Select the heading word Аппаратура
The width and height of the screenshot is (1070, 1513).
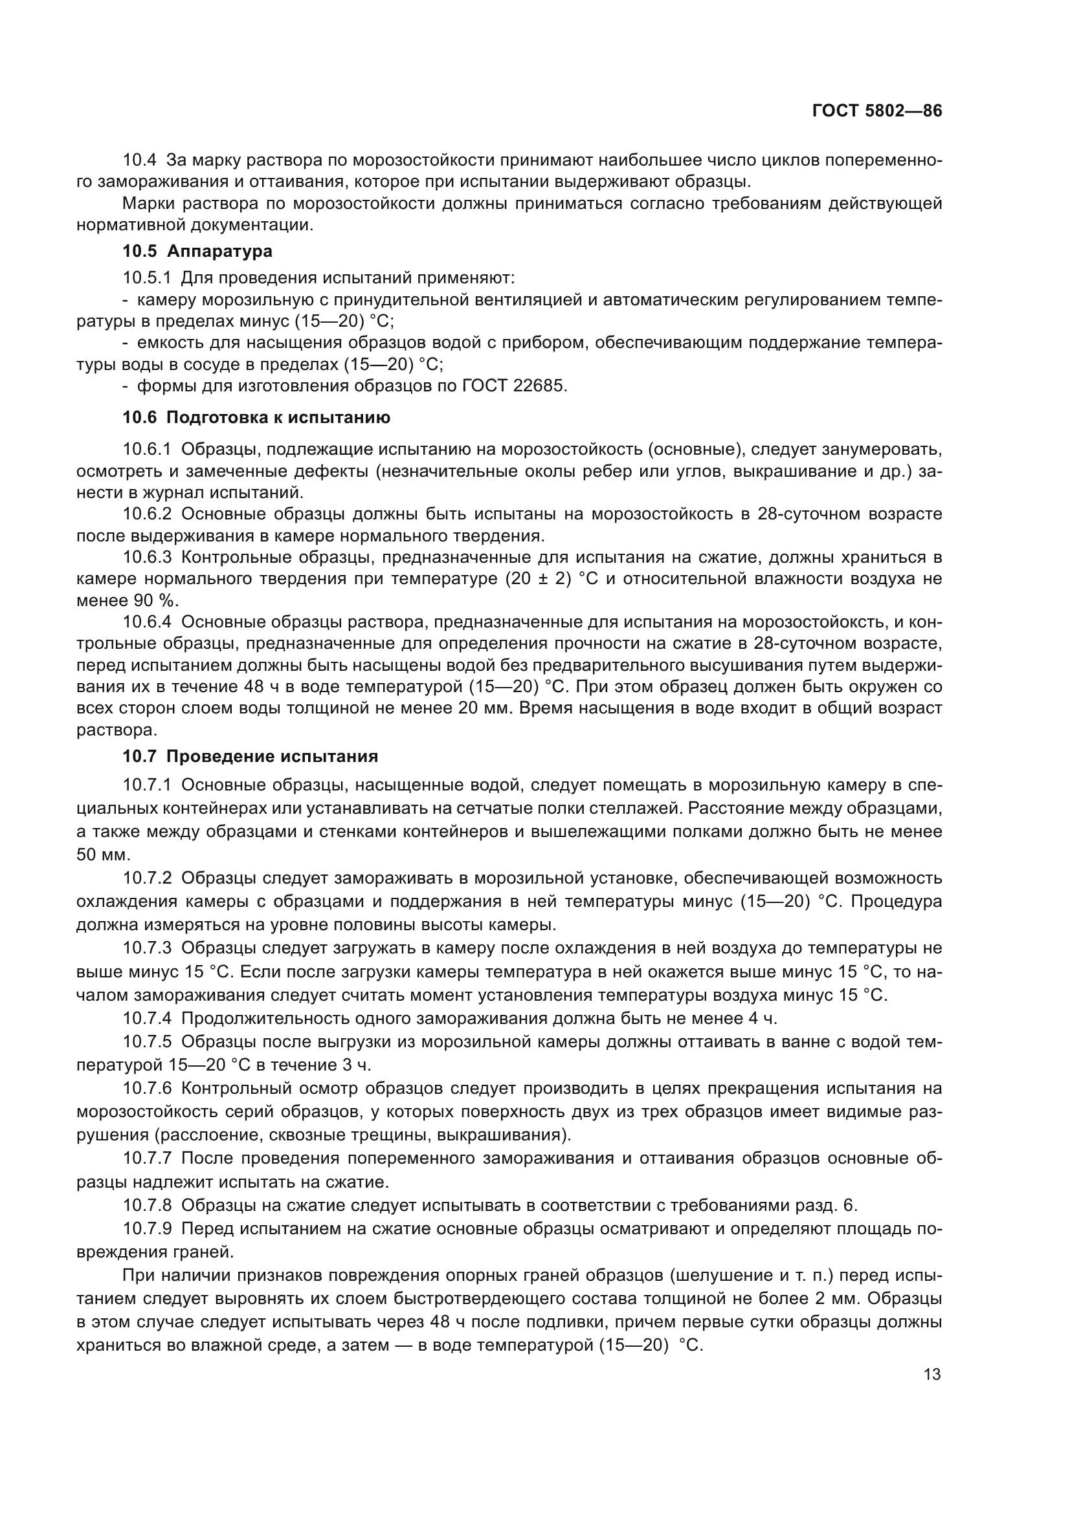coord(219,251)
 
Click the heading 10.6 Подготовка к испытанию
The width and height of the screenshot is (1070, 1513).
coord(256,417)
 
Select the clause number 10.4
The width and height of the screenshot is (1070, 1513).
coord(140,160)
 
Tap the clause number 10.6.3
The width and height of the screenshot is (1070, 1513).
coord(147,558)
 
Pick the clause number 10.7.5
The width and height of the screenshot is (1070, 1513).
coord(147,1043)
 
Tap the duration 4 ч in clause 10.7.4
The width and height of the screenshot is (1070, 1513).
coord(763,1019)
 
